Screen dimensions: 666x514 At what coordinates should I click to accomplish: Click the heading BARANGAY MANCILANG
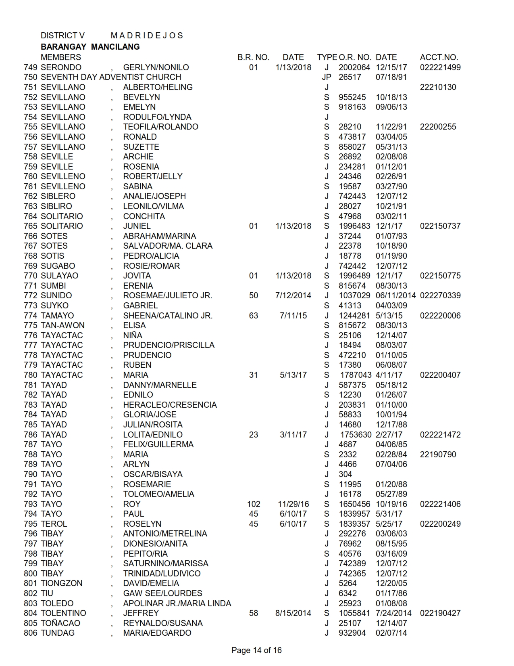[90, 47]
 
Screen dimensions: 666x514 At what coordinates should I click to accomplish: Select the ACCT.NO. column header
[439, 57]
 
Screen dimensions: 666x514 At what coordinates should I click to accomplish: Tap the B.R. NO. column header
[253, 57]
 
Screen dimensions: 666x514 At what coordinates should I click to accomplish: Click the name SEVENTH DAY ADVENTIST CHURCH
[111, 77]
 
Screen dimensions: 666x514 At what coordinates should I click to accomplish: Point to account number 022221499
[440, 67]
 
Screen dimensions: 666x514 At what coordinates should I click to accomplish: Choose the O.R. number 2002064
[354, 67]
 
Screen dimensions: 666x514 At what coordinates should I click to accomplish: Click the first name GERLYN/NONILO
[156, 67]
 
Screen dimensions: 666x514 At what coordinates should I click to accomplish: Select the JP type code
[327, 77]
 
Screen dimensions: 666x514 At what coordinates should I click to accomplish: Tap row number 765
[31, 226]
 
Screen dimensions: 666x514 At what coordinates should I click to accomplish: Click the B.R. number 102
[254, 504]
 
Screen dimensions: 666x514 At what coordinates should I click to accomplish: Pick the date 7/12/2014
[293, 295]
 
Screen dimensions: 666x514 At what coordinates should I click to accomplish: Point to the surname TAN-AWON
[62, 325]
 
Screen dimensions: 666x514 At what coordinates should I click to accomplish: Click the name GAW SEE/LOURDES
[162, 593]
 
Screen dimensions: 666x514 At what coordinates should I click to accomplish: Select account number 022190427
[440, 613]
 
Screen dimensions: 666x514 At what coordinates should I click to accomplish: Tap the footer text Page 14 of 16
[256, 650]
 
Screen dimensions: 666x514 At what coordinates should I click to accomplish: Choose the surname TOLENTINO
[63, 613]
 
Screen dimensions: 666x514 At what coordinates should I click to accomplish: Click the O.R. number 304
[345, 474]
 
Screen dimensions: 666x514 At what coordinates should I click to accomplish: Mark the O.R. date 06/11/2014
[395, 295]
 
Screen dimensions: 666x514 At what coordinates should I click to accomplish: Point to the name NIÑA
[133, 335]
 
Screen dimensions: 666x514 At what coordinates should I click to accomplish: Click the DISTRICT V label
[62, 36]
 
